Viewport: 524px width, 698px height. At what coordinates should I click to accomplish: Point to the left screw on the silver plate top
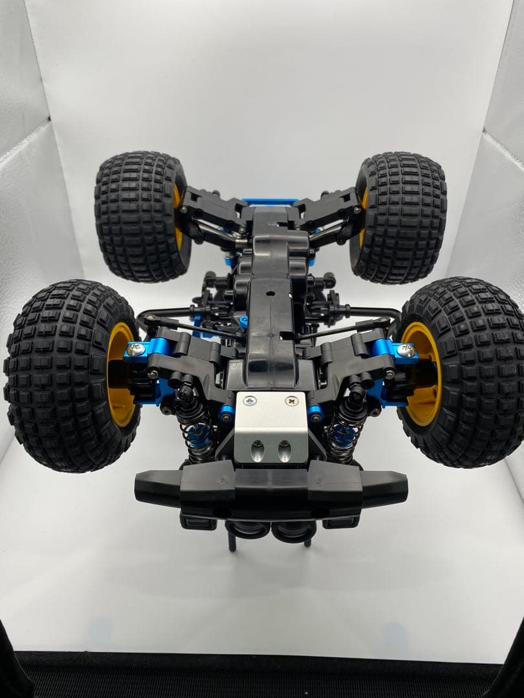click(x=250, y=401)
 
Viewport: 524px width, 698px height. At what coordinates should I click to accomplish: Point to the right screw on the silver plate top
click(x=292, y=401)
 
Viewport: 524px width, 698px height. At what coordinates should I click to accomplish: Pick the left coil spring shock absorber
click(x=195, y=427)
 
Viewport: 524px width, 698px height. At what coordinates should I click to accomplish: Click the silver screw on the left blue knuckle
click(x=136, y=350)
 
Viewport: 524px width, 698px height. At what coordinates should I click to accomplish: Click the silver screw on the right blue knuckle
click(x=406, y=350)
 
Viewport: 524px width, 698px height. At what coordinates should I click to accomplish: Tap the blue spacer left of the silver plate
click(x=226, y=412)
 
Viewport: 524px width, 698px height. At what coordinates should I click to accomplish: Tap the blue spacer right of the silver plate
click(x=315, y=412)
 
